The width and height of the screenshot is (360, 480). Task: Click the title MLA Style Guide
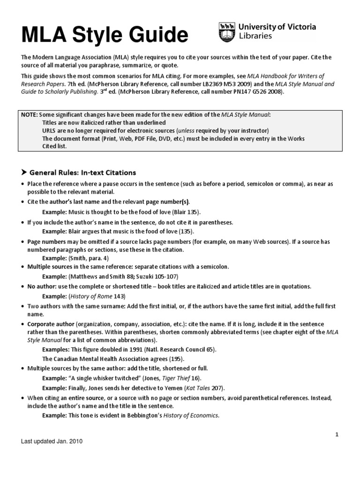(104, 34)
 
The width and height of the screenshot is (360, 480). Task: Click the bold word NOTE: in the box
(31, 114)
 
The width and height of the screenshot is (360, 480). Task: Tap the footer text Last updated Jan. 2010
(52, 442)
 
